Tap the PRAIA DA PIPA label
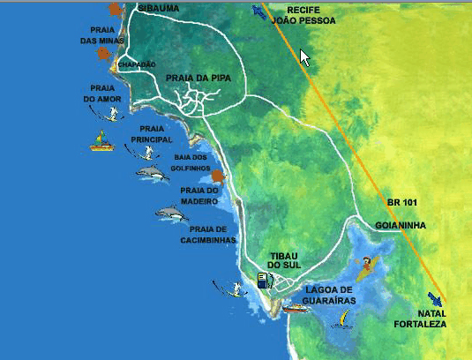click(198, 79)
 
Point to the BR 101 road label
click(401, 203)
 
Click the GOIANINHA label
click(401, 226)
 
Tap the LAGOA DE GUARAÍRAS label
click(329, 295)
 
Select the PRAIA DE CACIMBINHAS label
click(208, 234)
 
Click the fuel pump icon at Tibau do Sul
click(263, 280)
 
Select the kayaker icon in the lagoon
click(363, 266)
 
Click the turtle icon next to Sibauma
click(116, 10)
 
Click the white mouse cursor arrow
click(305, 57)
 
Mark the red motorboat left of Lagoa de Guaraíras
click(295, 309)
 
